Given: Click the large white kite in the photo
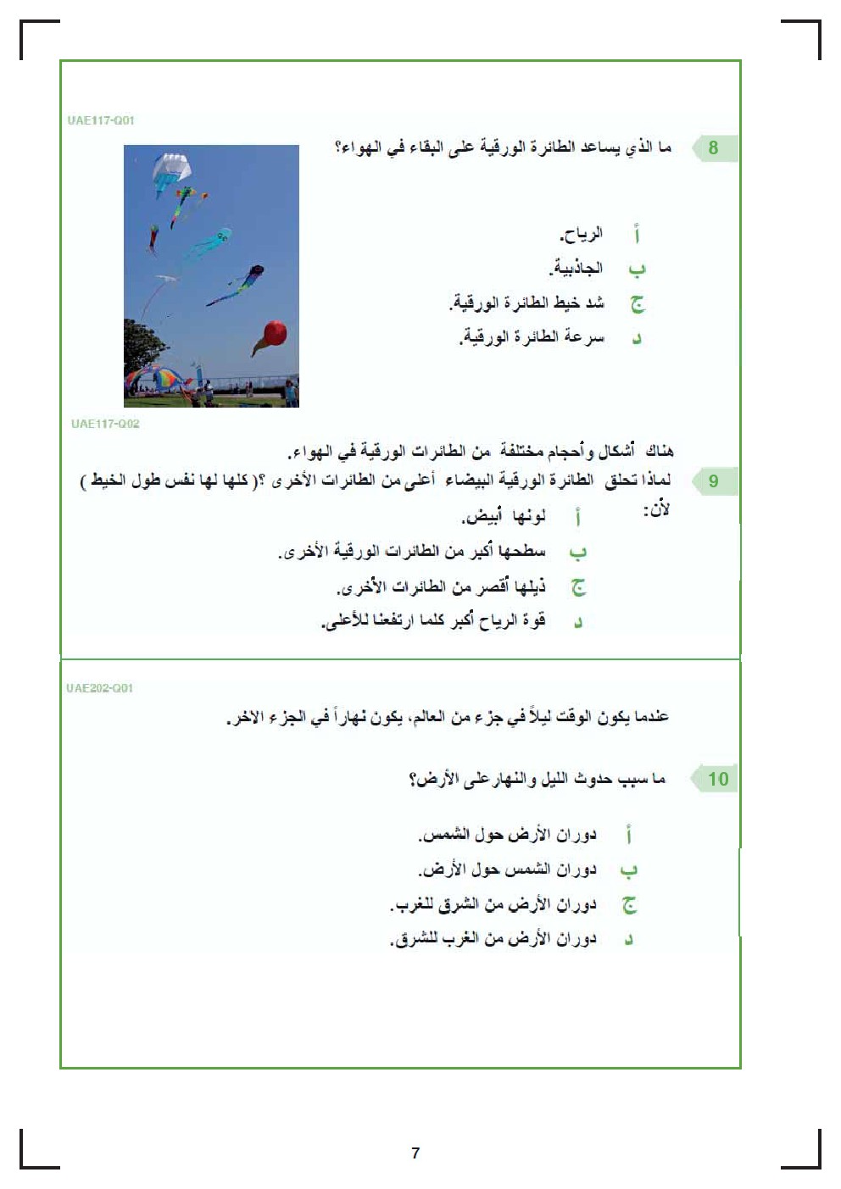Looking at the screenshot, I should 172,169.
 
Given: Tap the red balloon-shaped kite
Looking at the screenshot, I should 275,333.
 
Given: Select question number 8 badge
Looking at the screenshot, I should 713,148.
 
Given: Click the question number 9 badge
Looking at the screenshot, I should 713,481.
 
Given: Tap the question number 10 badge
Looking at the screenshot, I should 717,779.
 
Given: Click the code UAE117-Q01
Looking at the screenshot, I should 101,120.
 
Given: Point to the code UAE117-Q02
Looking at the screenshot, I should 105,424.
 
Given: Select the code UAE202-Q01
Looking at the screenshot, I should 100,688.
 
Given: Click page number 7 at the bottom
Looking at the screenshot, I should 415,1153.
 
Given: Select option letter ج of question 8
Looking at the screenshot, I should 637,303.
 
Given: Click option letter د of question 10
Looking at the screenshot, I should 629,940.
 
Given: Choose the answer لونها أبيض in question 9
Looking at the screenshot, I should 504,516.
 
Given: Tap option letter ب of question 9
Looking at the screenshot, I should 577,553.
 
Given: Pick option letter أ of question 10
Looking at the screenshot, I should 629,836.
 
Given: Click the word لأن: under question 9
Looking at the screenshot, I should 656,510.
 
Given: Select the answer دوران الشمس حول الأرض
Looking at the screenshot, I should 507,870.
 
